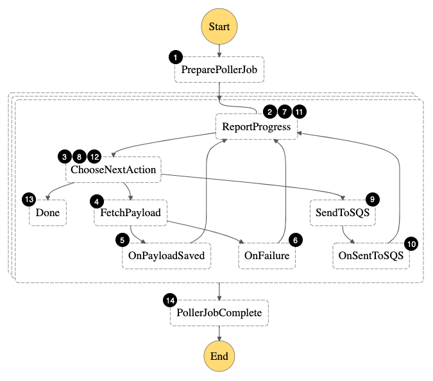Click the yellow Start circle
coord(219,27)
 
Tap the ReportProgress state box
coord(256,127)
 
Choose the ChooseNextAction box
coord(113,171)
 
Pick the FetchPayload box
coord(130,213)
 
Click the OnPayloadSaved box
coord(166,256)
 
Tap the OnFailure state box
coord(267,256)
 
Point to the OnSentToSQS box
coord(371,256)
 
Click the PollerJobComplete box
coord(219,314)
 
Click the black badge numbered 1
coord(175,57)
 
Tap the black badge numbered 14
coord(170,300)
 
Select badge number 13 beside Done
coord(29,199)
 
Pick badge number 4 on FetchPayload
coord(97,201)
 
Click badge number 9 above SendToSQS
coord(372,199)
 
